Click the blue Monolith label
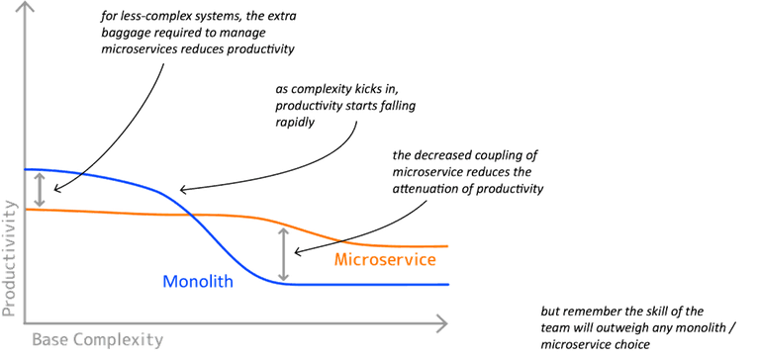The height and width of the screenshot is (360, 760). [197, 282]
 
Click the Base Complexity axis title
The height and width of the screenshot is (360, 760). [97, 339]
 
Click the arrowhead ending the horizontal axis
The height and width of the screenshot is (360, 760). [447, 320]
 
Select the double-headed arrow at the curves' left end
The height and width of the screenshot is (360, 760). [39, 189]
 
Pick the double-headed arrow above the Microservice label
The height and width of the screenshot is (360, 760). [284, 255]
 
